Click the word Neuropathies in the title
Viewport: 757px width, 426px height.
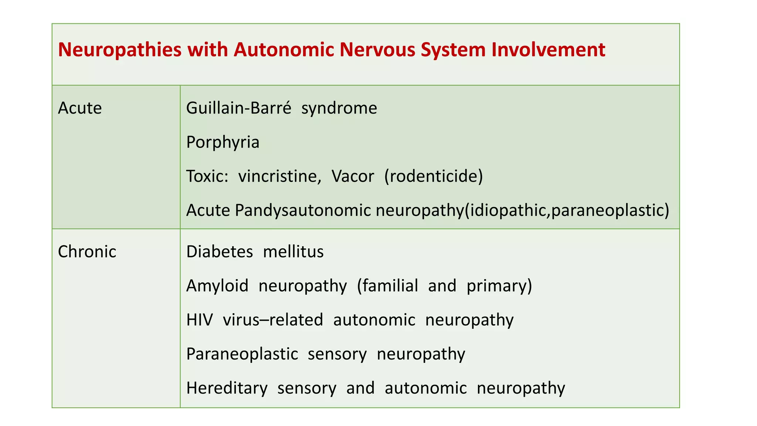coord(120,50)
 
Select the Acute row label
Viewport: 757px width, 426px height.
coord(80,108)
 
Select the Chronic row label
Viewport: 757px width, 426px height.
coord(87,252)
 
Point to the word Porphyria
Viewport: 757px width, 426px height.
coord(223,142)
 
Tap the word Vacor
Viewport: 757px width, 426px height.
coord(353,176)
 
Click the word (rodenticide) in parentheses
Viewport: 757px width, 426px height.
coord(434,176)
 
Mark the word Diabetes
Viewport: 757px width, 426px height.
coord(220,252)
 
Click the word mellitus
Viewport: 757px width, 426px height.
coord(293,252)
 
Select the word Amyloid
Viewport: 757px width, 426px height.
coord(217,286)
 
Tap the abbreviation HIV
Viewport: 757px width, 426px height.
coord(200,320)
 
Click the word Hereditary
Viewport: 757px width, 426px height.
coord(227,388)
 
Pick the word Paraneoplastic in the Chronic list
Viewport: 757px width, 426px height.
coord(242,354)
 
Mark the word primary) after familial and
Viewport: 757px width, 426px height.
coord(499,286)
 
